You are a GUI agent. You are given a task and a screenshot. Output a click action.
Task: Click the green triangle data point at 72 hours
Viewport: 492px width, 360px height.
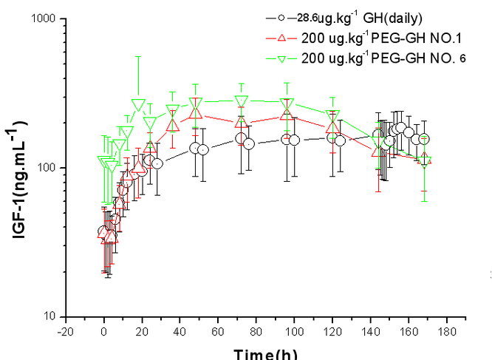point(241,101)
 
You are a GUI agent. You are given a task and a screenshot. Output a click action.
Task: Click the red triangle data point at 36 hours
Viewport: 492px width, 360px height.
point(172,124)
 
